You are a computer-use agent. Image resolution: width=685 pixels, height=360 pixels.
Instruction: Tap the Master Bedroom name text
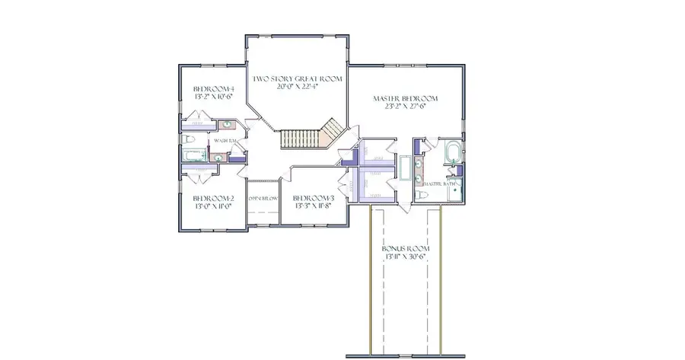405,99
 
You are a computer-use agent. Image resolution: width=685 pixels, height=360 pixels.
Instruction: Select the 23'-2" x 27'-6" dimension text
405,108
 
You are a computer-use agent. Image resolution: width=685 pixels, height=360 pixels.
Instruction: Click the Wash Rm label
224,141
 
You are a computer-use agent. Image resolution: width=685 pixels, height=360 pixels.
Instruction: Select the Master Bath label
448,183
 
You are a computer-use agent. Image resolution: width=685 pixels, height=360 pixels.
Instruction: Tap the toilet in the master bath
425,195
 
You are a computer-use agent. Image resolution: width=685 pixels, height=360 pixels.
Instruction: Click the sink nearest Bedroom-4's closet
228,125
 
